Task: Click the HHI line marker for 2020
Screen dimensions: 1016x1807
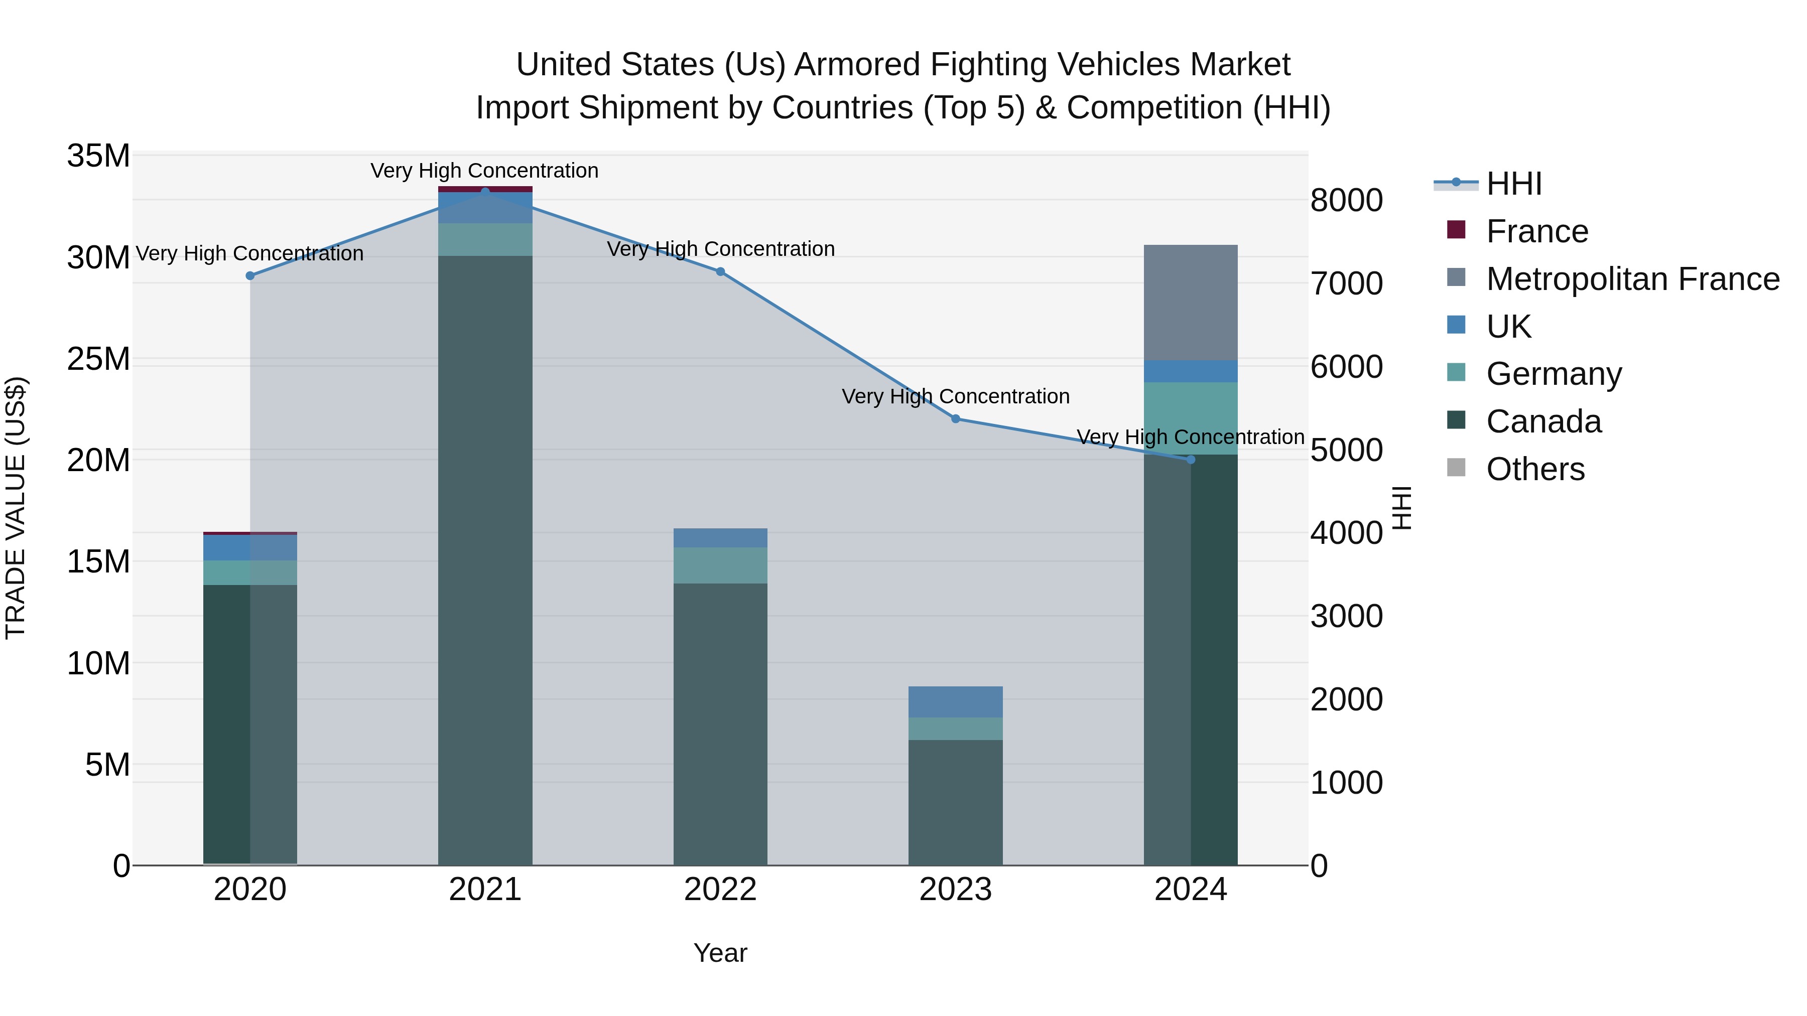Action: (250, 275)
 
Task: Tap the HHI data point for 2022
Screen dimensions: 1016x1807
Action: (720, 271)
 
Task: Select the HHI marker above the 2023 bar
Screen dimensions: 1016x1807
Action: (955, 418)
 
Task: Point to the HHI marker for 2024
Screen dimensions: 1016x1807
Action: (1191, 459)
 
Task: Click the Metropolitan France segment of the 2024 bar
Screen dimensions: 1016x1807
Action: (1191, 303)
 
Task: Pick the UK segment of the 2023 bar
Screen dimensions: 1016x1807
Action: (955, 702)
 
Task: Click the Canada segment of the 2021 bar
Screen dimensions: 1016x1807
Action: (485, 561)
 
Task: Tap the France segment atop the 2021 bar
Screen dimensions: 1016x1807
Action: (485, 189)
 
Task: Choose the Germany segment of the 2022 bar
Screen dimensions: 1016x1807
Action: (720, 565)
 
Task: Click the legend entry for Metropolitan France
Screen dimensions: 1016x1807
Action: (1632, 279)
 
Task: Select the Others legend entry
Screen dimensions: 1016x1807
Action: (1535, 469)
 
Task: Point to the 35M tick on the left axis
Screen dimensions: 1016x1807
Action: (98, 156)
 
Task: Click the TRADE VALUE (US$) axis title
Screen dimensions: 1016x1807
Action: (16, 508)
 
